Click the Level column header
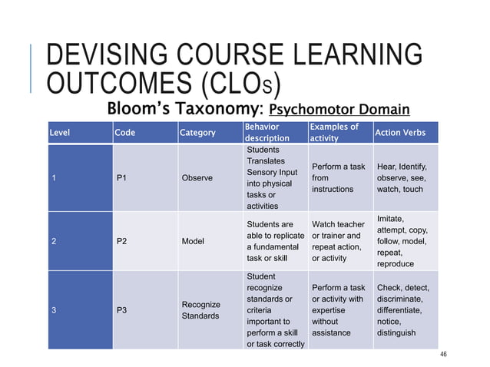coord(59,133)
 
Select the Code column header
coord(124,133)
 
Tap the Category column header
coord(197,133)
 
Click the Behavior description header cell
coord(267,132)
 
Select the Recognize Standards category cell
coord(200,310)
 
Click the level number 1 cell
coord(53,178)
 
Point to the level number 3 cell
coord(53,310)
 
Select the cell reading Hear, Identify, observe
coord(402,177)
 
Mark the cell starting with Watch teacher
coord(338,241)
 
